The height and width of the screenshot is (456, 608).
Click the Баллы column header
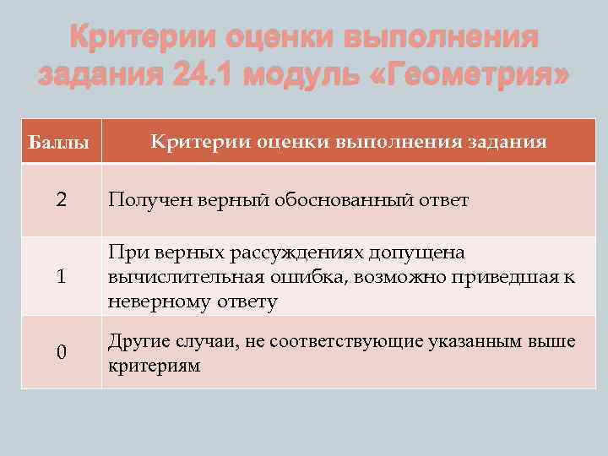[60, 143]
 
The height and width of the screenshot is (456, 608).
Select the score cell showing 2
[61, 201]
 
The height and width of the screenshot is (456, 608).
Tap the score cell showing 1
[61, 277]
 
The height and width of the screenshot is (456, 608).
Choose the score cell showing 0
[61, 352]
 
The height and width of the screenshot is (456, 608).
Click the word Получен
[149, 201]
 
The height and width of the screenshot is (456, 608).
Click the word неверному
[154, 301]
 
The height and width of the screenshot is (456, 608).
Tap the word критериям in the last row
[155, 366]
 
